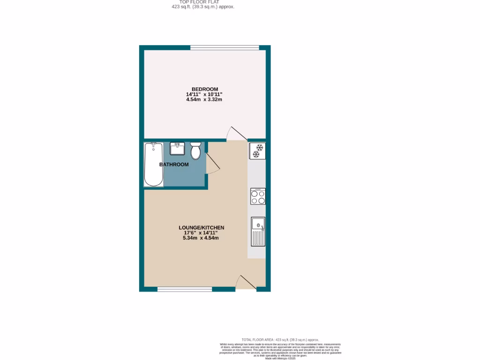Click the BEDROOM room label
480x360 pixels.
(205, 90)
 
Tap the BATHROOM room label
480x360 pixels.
(174, 165)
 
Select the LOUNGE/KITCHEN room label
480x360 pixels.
(201, 228)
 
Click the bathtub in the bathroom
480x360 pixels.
(154, 165)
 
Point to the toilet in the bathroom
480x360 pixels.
(195, 151)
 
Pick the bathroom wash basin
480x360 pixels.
(177, 149)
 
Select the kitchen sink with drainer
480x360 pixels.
(258, 232)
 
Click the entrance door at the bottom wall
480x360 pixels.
(245, 283)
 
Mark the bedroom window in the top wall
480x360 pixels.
(225, 47)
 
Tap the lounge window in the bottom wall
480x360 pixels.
(184, 289)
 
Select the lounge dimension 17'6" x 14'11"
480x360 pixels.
(201, 233)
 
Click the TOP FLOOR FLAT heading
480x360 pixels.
(202, 2)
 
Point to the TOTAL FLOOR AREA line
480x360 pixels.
(280, 339)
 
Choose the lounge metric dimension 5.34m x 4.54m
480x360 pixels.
(201, 238)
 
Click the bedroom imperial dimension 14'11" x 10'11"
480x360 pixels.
(205, 94)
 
